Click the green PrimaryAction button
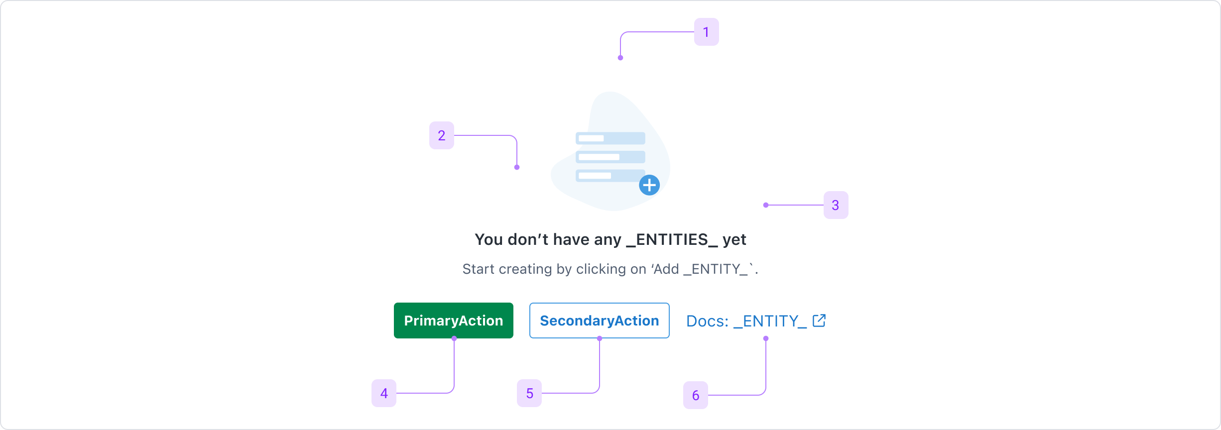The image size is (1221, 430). coord(453,321)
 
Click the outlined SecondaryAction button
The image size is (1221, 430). coord(599,321)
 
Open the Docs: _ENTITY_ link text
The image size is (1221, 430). coord(746,321)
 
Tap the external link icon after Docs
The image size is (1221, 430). coord(819,321)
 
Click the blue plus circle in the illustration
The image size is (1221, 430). coord(649,185)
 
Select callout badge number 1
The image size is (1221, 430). coord(706,32)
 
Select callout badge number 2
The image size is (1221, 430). coord(441,135)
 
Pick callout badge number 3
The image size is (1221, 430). coord(836,205)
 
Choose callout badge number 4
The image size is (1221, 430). coord(384,393)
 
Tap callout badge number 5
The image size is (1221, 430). coord(529,393)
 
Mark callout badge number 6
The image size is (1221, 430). coord(696,395)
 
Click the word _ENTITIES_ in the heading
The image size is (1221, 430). coord(672,240)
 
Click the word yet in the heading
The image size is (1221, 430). coord(734,240)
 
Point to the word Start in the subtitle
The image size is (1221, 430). coord(479,269)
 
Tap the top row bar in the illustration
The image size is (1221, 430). coord(610,138)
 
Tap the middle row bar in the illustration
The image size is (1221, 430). coord(610,157)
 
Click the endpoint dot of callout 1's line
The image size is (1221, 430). coord(620,58)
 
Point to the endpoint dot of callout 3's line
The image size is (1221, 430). coord(766,205)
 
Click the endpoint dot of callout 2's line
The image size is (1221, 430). coord(517,167)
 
